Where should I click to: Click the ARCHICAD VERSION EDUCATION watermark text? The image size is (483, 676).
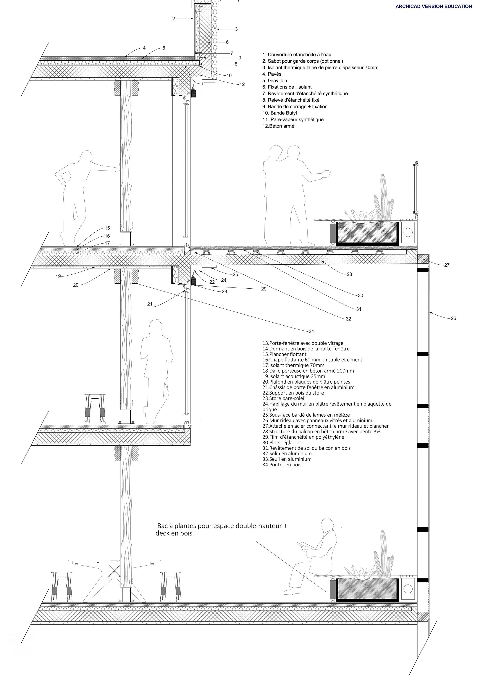coord(433,6)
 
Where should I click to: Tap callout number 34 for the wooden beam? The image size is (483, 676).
coord(311,331)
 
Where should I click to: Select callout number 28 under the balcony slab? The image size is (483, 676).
coord(349,274)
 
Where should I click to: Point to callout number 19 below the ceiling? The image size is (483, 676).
coord(58,276)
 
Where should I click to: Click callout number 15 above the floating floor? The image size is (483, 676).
coord(107,228)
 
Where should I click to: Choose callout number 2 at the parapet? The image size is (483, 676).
coord(174,19)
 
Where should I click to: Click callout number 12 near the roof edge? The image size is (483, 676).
coord(242,84)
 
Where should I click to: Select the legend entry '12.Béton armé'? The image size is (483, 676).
coord(278,126)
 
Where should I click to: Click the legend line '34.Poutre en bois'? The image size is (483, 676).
coord(282,465)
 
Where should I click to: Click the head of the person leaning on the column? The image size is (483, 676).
coord(86,156)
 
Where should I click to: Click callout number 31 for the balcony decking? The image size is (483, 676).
coord(359,309)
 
